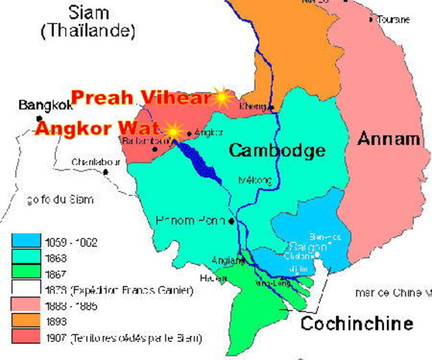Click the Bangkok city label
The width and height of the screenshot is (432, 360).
point(41,105)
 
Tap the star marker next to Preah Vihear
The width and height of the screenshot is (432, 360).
point(221,95)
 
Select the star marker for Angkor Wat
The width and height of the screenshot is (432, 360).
point(173,131)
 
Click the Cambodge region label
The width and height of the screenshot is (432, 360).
point(277,150)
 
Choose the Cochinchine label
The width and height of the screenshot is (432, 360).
point(356,324)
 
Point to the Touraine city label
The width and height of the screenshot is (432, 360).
point(392,19)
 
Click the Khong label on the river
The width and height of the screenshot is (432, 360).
point(248,106)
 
